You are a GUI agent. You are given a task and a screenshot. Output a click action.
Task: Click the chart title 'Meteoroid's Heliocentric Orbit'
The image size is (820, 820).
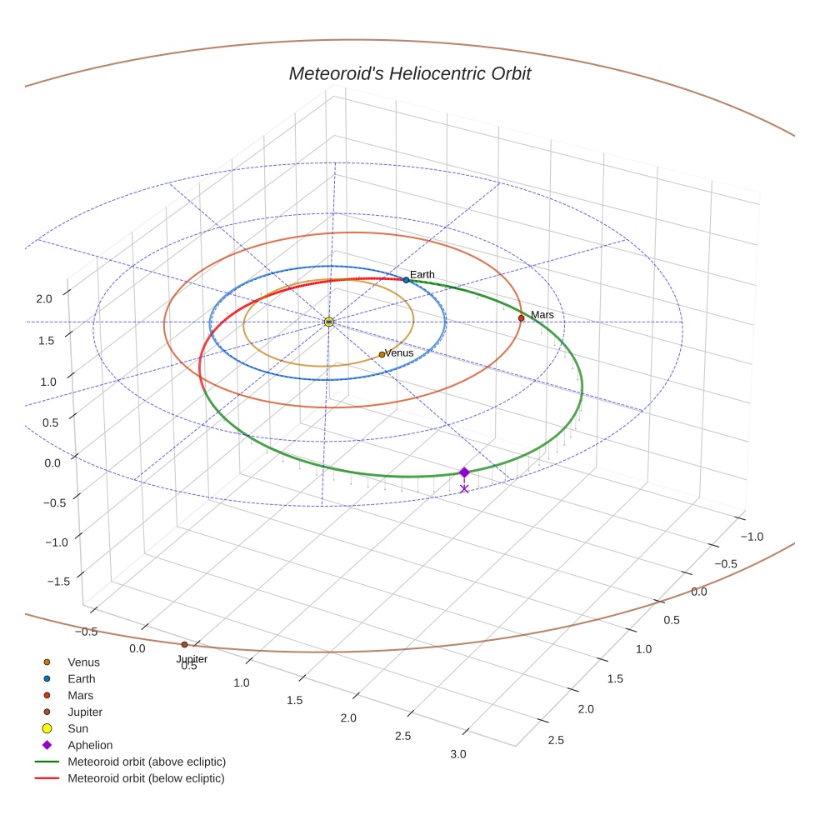(409, 73)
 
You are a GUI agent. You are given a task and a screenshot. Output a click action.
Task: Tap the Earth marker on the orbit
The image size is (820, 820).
(406, 280)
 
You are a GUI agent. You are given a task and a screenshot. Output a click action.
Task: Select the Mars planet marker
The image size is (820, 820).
(521, 317)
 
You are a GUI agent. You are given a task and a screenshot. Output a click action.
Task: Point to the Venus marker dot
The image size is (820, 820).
(382, 354)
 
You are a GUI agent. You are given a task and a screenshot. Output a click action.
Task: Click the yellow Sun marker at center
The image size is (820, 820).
(329, 322)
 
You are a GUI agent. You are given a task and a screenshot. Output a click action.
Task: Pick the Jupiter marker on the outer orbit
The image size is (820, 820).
(184, 644)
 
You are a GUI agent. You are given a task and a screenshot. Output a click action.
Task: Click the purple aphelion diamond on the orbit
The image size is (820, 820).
(464, 472)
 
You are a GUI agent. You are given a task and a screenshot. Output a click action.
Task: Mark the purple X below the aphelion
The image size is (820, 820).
(464, 488)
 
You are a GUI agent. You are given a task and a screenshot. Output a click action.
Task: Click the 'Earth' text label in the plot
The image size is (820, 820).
(422, 274)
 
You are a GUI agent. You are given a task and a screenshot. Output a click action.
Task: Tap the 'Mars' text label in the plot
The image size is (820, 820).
(542, 314)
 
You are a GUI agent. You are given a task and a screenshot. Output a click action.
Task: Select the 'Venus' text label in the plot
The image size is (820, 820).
(399, 352)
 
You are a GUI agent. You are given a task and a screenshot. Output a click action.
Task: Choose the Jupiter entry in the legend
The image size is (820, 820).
(85, 712)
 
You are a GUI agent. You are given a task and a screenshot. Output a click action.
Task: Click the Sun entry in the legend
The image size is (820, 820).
(78, 728)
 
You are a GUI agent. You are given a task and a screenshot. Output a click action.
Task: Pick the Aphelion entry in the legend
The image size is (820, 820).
(90, 745)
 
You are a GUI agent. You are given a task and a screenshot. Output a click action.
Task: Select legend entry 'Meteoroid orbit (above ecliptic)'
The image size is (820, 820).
(147, 762)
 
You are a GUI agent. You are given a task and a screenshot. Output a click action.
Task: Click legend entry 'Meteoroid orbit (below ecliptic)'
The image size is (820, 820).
(147, 778)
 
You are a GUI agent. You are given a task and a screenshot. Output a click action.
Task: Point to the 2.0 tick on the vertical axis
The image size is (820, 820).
(44, 298)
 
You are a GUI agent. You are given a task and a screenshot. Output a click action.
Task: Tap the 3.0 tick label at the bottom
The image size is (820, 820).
(457, 754)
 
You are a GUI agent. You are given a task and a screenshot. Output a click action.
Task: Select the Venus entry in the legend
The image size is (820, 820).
(83, 662)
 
